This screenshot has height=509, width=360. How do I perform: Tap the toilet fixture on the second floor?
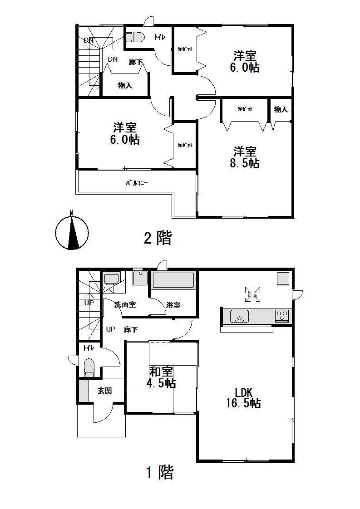pos(136,36)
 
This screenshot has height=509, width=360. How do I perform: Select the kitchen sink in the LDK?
pos(239,316)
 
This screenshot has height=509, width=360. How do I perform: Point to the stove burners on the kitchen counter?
pos(281,315)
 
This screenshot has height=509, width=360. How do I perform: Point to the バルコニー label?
pos(137,184)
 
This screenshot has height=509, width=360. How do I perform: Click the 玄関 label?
pos(105,390)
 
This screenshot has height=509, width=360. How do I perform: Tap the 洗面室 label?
pos(125,305)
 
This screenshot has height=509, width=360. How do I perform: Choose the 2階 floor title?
pos(158,237)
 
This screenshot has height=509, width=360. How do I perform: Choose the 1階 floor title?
pos(159,473)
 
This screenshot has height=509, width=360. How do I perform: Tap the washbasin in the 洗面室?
pos(111,279)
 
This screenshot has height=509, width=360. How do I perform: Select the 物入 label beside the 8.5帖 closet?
pos(281,109)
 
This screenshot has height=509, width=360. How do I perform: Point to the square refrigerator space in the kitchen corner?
pos(283,278)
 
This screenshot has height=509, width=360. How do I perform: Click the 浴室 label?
pos(173,305)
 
